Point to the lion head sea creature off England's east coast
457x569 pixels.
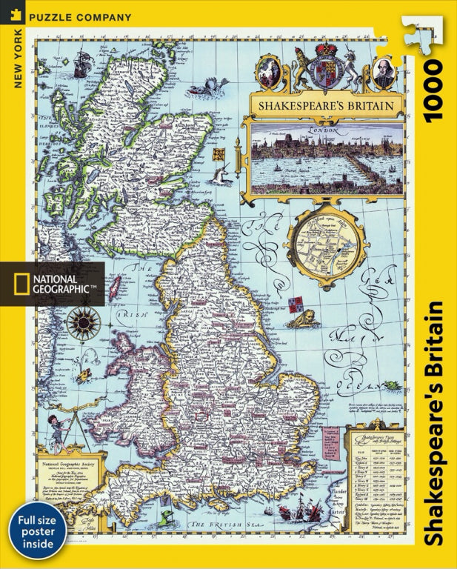click(x=301, y=316)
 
